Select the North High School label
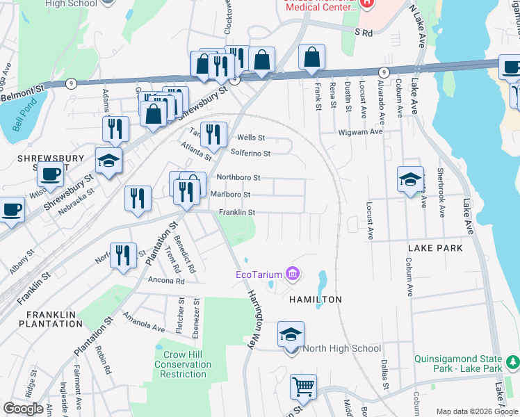[x=341, y=348]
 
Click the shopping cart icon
[x=303, y=387]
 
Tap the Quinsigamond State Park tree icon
[x=512, y=361]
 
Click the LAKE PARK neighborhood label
[x=430, y=247]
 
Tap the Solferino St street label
[x=250, y=153]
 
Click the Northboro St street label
[x=238, y=178]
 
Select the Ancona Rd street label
[x=166, y=281]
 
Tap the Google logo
[x=23, y=409]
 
